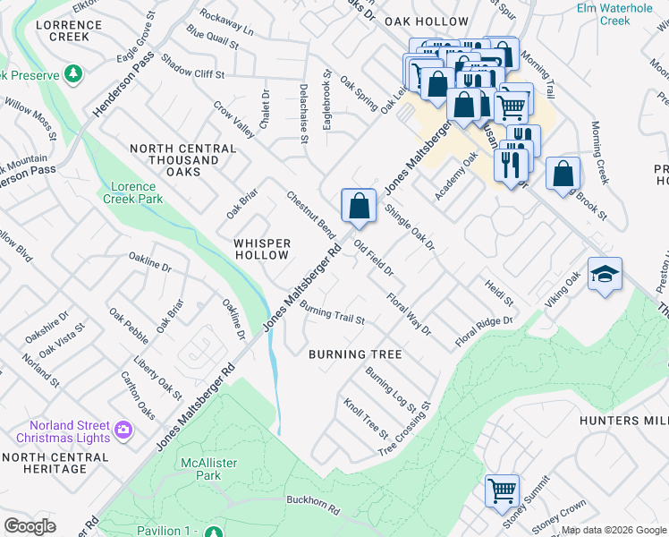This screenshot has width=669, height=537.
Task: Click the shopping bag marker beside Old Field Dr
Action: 358,207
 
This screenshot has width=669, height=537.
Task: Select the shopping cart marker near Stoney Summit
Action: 502,491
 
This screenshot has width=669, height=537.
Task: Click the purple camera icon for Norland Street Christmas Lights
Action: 123,431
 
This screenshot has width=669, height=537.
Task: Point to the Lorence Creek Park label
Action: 137,192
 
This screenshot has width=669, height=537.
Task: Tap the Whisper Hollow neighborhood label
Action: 262,249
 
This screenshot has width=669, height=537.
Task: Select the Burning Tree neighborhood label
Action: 355,354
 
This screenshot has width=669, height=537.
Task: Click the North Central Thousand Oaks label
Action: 174,159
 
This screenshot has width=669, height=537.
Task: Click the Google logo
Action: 30,526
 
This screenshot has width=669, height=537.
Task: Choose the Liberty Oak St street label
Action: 157,378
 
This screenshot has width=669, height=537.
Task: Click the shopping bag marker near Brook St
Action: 563,175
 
